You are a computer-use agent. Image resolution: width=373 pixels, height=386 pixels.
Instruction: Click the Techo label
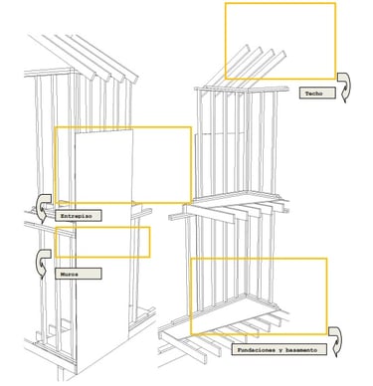[317, 94]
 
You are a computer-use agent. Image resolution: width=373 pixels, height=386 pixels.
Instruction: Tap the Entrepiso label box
[79, 216]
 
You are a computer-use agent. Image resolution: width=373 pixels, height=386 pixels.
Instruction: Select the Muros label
[79, 274]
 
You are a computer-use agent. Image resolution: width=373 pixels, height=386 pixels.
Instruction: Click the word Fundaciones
[255, 350]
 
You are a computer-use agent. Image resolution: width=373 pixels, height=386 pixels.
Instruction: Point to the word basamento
[301, 350]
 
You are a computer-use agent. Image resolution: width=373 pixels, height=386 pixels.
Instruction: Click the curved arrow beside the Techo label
[344, 88]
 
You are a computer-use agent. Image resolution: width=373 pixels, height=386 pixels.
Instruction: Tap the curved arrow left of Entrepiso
[43, 207]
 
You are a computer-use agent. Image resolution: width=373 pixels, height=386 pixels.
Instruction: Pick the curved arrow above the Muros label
[43, 263]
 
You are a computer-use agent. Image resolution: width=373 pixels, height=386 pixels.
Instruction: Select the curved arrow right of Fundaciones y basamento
[335, 341]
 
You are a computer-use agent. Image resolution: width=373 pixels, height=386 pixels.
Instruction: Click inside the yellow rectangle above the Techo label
[280, 41]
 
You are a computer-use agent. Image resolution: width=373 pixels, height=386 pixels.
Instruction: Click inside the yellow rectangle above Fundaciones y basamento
[259, 296]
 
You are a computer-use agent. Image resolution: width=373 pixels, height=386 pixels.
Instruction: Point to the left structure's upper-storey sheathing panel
[103, 166]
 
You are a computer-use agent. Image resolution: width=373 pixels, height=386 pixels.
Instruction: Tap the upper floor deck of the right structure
[239, 197]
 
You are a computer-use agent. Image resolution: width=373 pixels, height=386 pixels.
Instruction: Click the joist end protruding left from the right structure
[177, 217]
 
